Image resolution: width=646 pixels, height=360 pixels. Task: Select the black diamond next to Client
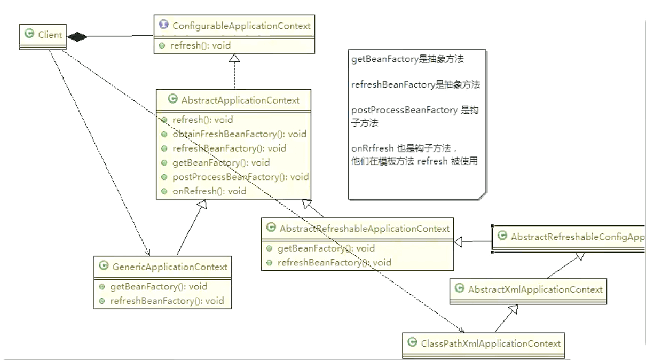[x=77, y=36]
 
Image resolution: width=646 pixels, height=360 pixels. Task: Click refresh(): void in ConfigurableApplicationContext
[x=201, y=45]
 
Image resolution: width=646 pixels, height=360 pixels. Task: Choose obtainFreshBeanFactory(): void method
[x=239, y=134]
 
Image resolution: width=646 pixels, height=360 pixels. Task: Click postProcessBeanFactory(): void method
[x=240, y=177]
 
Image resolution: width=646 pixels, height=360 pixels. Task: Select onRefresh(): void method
[x=209, y=191]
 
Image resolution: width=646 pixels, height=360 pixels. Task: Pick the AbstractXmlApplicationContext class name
[x=535, y=289]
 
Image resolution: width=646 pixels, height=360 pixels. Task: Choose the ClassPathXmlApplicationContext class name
[x=491, y=343]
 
